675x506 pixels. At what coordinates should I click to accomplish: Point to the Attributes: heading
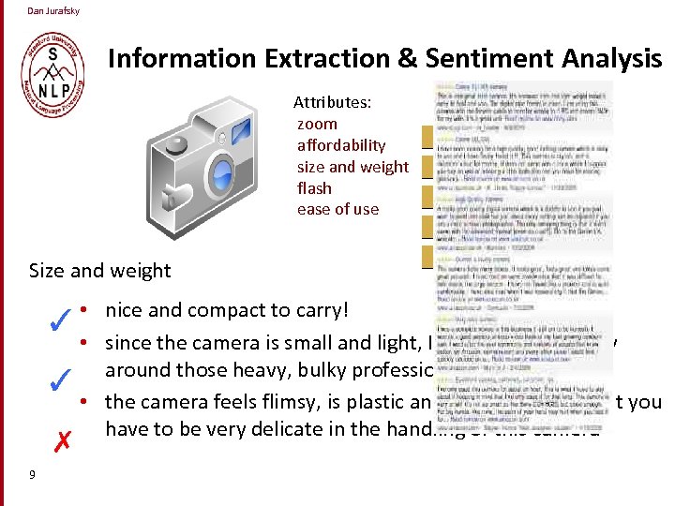(332, 101)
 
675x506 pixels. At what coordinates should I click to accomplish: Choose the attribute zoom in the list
(317, 124)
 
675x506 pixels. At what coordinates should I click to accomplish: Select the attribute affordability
(341, 145)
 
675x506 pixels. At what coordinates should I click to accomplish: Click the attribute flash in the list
(314, 188)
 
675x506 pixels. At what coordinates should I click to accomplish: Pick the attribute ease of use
(337, 210)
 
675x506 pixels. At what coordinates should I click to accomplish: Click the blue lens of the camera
(222, 171)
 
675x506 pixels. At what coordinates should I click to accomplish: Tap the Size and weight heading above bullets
(100, 271)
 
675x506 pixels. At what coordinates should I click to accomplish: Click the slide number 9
(32, 475)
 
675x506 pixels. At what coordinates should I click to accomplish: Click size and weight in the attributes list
(352, 167)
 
